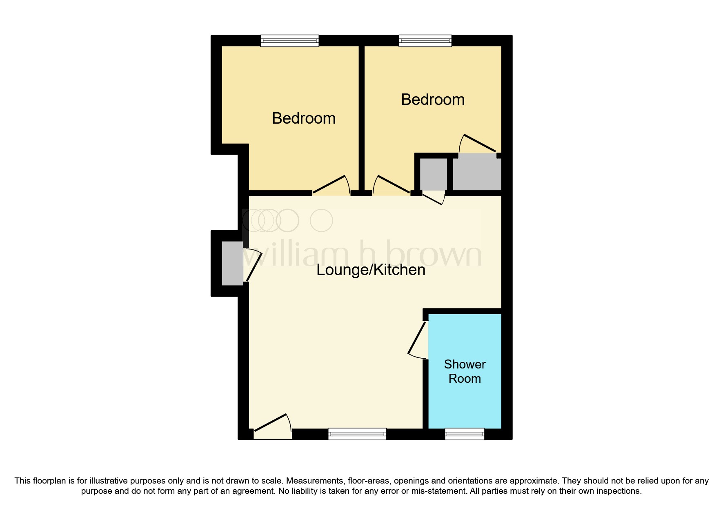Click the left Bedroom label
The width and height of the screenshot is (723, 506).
pos(304,118)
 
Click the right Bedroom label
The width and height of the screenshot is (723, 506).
pos(433,100)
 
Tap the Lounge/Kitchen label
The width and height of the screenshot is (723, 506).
pos(371,270)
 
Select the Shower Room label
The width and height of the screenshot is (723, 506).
pos(465,371)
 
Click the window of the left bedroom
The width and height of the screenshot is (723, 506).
pos(289,40)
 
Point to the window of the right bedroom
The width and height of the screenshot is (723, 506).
pos(425,40)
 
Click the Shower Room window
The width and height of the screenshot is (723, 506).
pos(465,434)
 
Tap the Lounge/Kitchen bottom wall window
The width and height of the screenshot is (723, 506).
pos(357,434)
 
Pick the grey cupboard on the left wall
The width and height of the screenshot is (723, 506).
pos(232,263)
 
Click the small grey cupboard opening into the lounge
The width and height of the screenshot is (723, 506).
pos(433,174)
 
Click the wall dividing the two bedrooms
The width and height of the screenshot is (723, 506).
pos(361,118)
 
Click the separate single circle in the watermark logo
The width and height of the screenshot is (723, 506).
pos(321,220)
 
